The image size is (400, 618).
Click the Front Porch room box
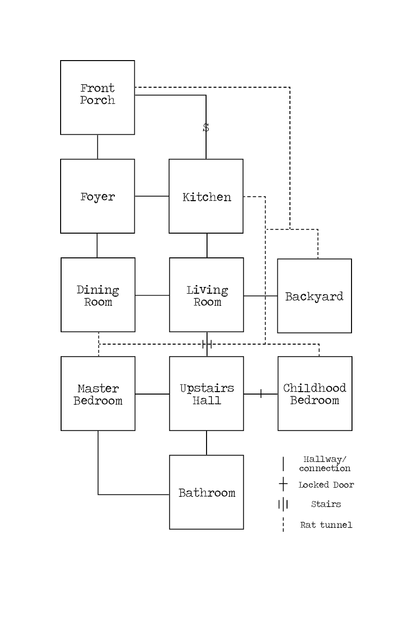coord(97,97)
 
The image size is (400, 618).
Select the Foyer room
coord(97,196)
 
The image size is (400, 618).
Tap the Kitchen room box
coord(206,196)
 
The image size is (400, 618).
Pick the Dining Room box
coord(98,295)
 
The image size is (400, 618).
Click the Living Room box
coord(207,295)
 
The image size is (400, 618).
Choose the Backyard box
coord(314,296)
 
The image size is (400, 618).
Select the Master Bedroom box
coord(98,394)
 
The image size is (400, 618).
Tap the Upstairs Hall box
coord(207,394)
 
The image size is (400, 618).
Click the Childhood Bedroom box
coord(315,394)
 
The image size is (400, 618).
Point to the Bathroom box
coord(207,492)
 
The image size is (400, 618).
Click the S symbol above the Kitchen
coord(206,127)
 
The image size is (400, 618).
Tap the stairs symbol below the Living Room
coord(207,344)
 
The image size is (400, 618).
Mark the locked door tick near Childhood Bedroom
coord(261,394)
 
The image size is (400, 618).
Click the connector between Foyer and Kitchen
coord(152,196)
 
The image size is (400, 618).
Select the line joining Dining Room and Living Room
coord(152,295)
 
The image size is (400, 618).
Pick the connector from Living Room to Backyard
coord(260,296)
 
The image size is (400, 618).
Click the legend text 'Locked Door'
coord(326,485)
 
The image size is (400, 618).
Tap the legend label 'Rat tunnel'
coord(326,525)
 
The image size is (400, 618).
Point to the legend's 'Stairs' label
coord(326,504)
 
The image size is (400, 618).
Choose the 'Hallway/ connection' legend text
coord(325,464)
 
